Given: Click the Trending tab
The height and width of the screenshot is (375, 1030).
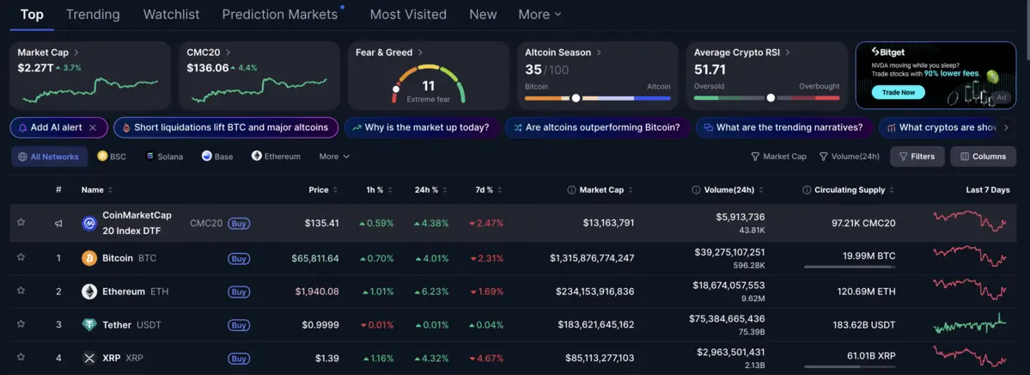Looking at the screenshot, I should coord(93,15).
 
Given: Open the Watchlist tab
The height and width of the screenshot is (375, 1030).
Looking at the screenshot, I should coord(171,15).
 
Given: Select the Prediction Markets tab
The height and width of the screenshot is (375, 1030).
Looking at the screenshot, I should coord(280,15).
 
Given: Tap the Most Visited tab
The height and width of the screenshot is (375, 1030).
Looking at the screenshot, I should coord(408,15).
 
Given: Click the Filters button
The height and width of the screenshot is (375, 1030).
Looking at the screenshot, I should coord(917,157).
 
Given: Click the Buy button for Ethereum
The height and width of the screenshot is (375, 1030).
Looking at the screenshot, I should coord(239,292).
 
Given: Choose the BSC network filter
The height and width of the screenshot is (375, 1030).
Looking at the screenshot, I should coord(113,157).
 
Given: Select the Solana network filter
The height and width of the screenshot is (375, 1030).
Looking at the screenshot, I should coord(164,157).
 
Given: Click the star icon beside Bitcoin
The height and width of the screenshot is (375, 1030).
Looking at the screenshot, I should coord(21,257).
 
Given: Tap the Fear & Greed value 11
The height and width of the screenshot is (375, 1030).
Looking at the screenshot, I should coord(428,86).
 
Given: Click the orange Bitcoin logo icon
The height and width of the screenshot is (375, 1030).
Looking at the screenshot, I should coord(89,258).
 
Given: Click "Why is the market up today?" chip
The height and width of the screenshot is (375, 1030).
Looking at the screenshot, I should coord(420,127).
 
